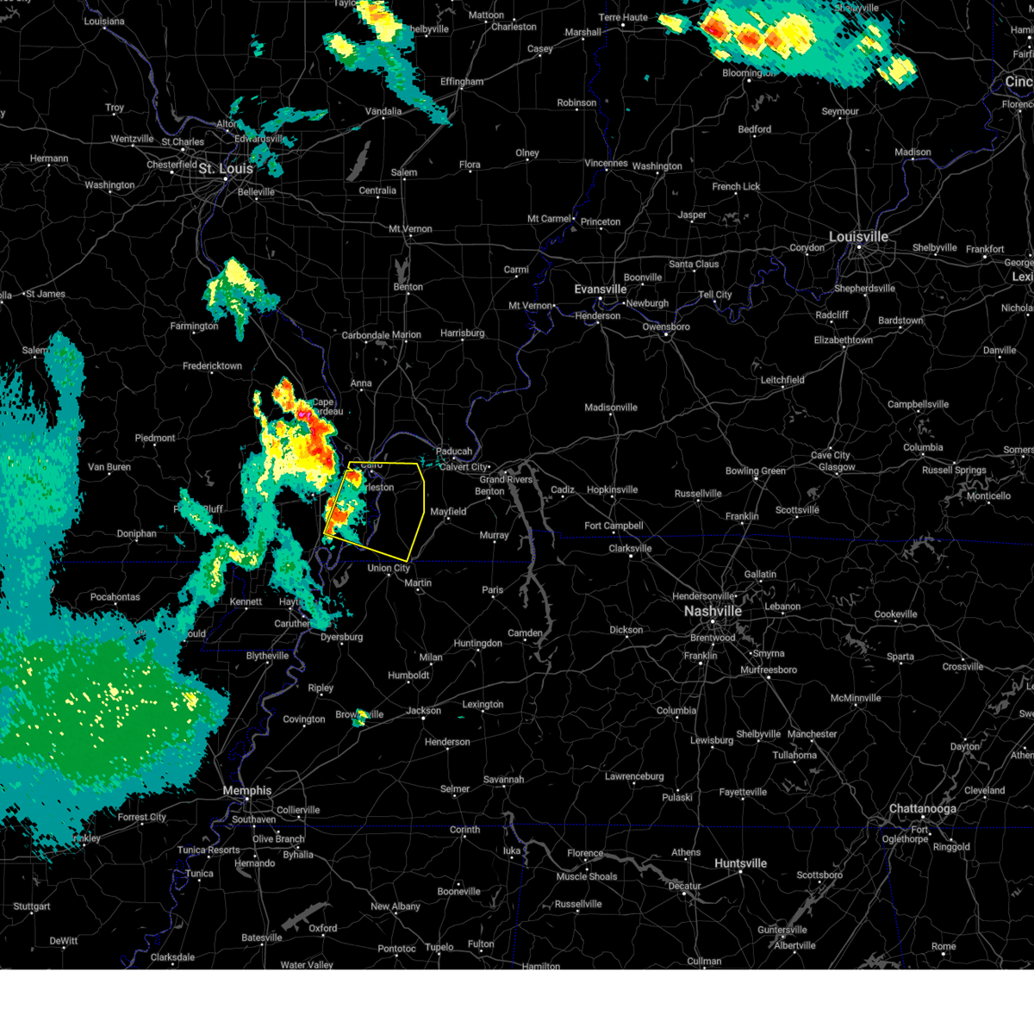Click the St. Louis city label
click(226, 169)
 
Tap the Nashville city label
click(713, 611)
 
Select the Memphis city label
click(246, 791)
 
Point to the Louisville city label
click(858, 237)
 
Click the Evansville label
click(601, 290)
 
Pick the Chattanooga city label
click(922, 809)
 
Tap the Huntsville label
click(740, 863)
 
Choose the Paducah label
click(454, 452)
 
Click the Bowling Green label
click(755, 471)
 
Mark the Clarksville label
click(630, 549)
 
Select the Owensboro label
click(666, 327)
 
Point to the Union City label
click(389, 569)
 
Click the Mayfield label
click(448, 512)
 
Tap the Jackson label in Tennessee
click(423, 711)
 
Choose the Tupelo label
click(439, 947)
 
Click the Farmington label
click(194, 327)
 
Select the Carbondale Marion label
click(381, 335)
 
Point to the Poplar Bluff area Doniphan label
click(137, 534)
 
